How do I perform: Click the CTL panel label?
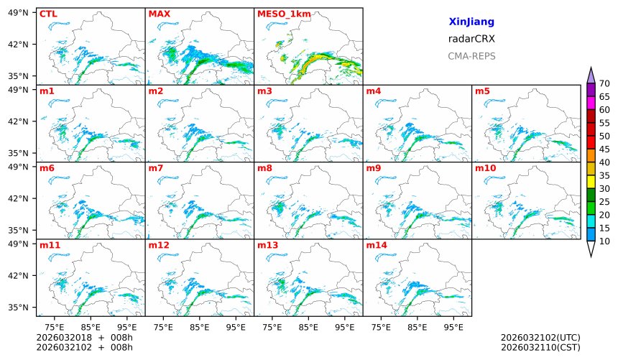click(48, 14)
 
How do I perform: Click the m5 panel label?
click(482, 91)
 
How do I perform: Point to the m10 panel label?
click(485, 168)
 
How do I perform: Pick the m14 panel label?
click(376, 246)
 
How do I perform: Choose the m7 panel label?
click(156, 168)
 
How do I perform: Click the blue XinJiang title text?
click(471, 22)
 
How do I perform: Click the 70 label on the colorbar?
click(604, 84)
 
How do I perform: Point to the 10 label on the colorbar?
click(604, 241)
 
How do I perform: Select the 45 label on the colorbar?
click(604, 149)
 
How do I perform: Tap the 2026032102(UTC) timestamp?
click(540, 338)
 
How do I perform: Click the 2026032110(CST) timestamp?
click(540, 347)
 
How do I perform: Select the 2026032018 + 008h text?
click(85, 338)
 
